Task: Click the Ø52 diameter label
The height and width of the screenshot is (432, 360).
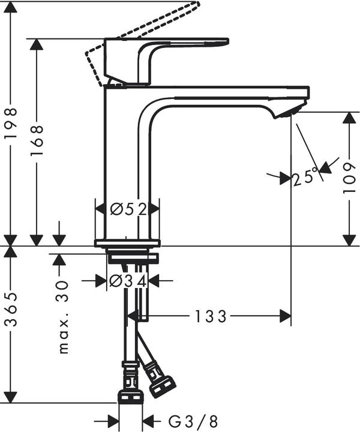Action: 128,209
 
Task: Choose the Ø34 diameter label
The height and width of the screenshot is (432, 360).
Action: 127,280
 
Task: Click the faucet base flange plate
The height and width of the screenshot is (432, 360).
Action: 127,243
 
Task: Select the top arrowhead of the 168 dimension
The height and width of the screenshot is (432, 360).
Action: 37,45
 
